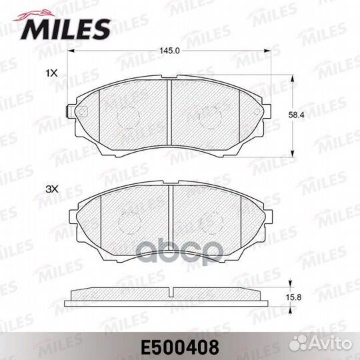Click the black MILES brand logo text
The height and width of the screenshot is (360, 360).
tap(65, 29)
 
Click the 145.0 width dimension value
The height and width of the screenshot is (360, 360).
tap(170, 51)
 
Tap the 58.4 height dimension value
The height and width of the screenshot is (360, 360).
tap(296, 115)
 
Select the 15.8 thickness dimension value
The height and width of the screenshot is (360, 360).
tap(293, 297)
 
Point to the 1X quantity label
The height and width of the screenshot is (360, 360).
tap(51, 73)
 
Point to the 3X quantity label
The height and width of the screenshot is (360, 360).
tap(52, 189)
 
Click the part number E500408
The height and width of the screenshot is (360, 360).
tap(180, 347)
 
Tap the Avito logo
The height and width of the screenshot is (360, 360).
tap(320, 344)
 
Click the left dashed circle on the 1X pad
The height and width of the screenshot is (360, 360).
tap(128, 117)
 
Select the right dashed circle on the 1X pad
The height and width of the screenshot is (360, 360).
tap(211, 117)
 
